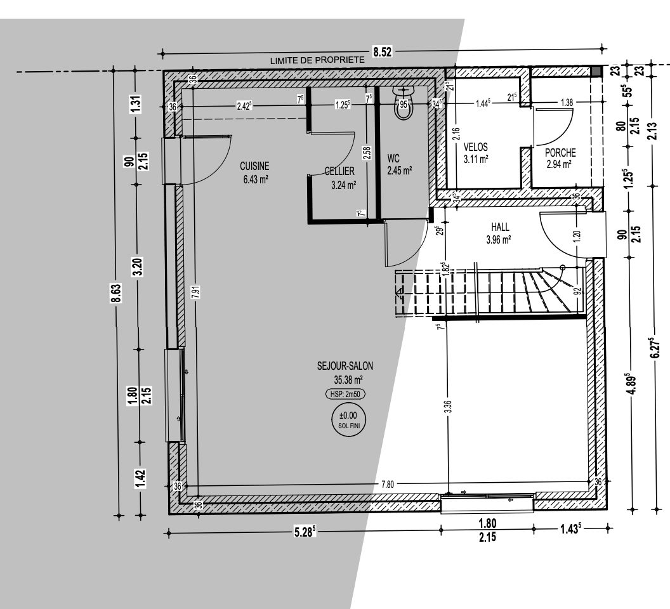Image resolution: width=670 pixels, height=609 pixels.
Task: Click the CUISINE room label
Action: click(x=254, y=166)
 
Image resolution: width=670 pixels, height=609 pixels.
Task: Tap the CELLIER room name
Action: click(x=339, y=171)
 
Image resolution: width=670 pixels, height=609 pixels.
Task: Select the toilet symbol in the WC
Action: click(x=404, y=103)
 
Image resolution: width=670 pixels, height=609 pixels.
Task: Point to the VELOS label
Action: click(x=476, y=147)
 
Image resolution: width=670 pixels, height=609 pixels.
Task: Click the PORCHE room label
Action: click(x=560, y=153)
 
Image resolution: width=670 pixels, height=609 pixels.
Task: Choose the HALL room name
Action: click(x=500, y=227)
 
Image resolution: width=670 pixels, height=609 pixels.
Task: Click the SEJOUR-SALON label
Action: click(x=345, y=366)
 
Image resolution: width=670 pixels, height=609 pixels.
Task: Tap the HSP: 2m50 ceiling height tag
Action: click(x=345, y=395)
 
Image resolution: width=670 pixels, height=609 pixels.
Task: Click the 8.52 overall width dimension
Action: click(x=383, y=52)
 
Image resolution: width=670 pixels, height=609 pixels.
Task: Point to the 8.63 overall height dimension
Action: click(x=116, y=293)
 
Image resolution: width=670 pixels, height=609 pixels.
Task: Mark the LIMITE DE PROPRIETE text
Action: click(x=317, y=60)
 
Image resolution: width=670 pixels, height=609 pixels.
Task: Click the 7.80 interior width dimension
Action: click(x=388, y=484)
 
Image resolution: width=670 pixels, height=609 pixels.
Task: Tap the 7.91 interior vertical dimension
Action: click(x=195, y=291)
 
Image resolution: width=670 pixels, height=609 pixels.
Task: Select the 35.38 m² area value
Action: click(x=349, y=379)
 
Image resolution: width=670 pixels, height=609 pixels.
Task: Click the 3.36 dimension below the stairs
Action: click(x=448, y=407)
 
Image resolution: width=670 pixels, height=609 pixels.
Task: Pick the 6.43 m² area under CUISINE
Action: click(x=256, y=180)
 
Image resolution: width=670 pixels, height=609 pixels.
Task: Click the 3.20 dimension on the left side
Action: click(x=138, y=267)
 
